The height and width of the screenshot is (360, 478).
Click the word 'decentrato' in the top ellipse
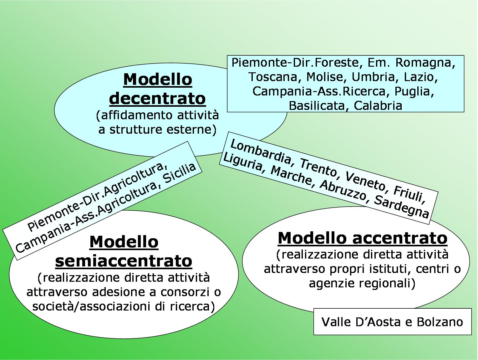[x=157, y=99]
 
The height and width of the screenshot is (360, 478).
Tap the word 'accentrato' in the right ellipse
[x=400, y=238]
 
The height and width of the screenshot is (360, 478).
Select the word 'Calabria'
[x=378, y=106]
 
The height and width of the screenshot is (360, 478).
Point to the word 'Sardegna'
[x=401, y=207]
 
